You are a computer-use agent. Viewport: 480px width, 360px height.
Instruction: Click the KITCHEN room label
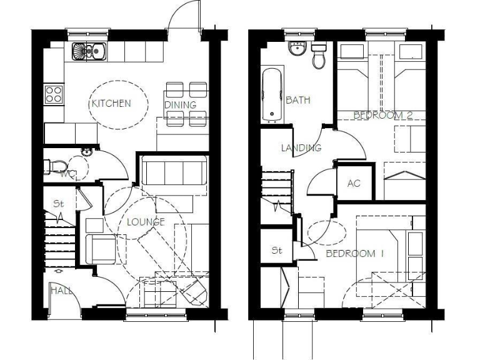(x=111, y=103)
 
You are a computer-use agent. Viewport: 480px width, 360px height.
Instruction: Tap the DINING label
(x=181, y=105)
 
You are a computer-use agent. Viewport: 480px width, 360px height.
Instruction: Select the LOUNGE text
(x=146, y=222)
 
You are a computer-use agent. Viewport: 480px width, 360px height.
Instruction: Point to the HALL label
(x=61, y=291)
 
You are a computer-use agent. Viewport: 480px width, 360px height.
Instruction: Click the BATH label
(x=297, y=100)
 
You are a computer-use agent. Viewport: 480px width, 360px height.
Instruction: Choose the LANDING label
(x=301, y=148)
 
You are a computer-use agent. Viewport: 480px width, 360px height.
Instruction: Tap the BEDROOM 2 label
(x=382, y=116)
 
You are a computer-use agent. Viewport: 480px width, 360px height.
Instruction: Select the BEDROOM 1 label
(x=354, y=254)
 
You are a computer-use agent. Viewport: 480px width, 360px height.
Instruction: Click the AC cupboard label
(x=354, y=184)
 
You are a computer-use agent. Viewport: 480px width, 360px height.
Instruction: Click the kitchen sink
(x=89, y=50)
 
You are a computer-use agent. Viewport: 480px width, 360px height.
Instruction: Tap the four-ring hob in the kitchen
(x=54, y=95)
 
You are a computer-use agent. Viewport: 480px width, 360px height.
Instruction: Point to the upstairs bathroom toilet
(x=319, y=56)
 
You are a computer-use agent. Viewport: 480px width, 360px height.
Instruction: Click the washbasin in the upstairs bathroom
(x=297, y=50)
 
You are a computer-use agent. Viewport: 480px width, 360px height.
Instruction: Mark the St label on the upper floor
(x=277, y=251)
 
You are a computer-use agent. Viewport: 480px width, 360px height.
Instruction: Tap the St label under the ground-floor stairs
(x=59, y=204)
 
